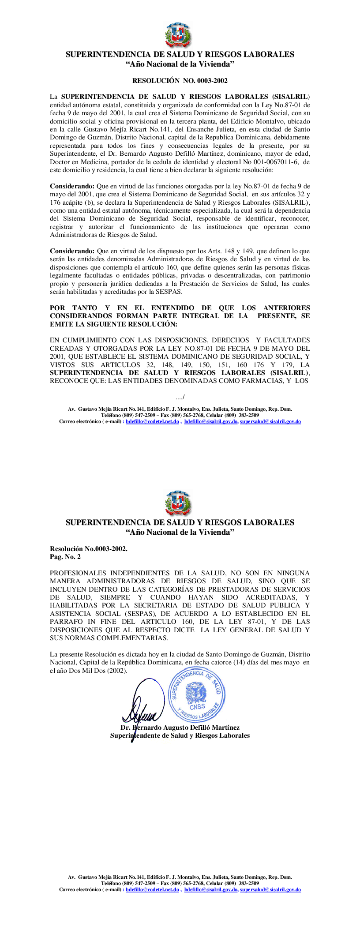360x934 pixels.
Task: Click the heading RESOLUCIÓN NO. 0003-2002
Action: pyautogui.click(x=180, y=81)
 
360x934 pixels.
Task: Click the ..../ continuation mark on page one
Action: pyautogui.click(x=180, y=398)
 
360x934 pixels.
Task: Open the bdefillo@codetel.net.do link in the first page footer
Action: pyautogui.click(x=152, y=421)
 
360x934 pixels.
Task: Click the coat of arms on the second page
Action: pyautogui.click(x=178, y=503)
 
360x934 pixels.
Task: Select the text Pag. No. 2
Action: pyautogui.click(x=65, y=557)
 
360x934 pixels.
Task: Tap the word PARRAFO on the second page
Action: pyautogui.click(x=64, y=622)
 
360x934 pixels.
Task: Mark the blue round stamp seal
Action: pyautogui.click(x=197, y=694)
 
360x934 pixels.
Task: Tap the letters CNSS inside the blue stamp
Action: pyautogui.click(x=197, y=706)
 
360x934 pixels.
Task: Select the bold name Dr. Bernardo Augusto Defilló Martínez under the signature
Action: pyautogui.click(x=180, y=728)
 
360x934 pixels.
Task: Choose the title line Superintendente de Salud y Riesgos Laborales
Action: pyautogui.click(x=180, y=735)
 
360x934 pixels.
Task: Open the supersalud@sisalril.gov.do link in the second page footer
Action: pyautogui.click(x=270, y=889)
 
